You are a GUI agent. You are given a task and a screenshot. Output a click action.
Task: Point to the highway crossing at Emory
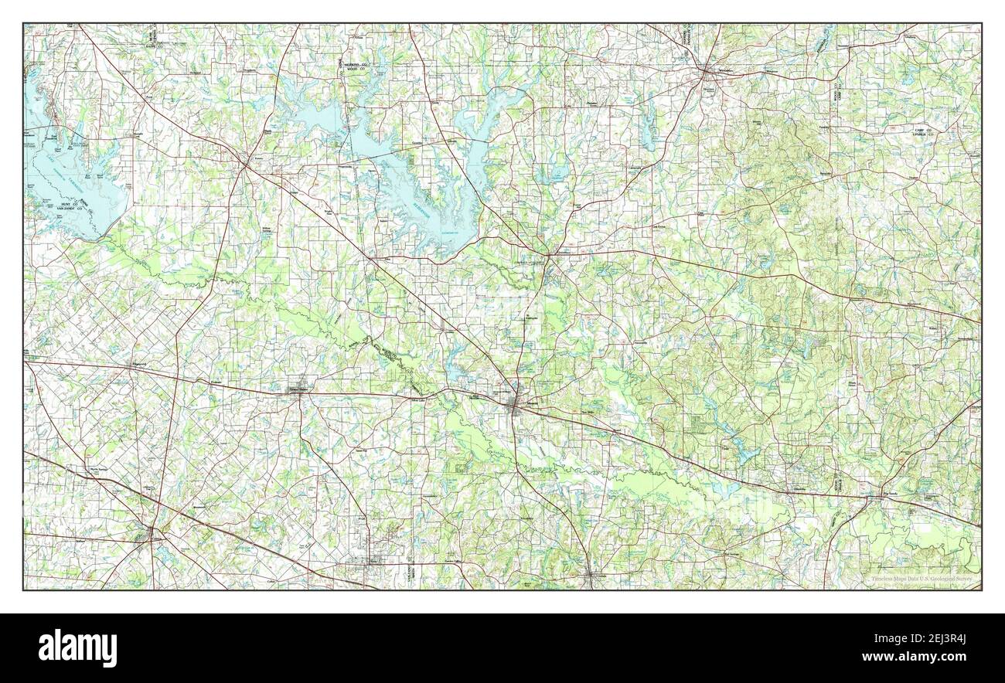coord(246,163)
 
